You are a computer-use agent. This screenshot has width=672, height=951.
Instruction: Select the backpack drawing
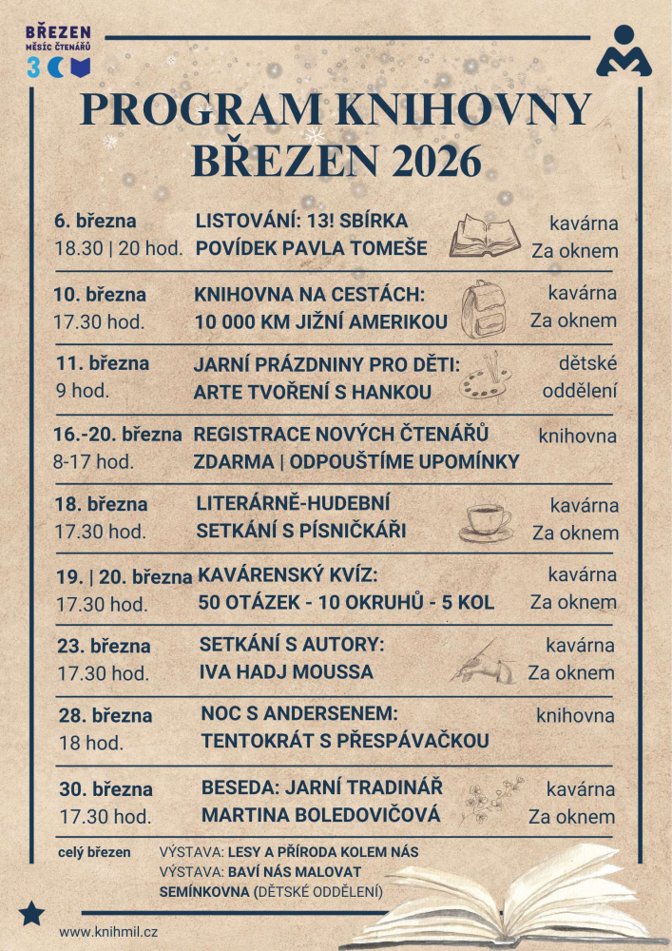pyautogui.click(x=481, y=308)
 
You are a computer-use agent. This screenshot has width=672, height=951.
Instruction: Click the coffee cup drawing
pyautogui.click(x=487, y=521)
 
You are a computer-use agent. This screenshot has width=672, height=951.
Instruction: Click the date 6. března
pyautogui.click(x=95, y=222)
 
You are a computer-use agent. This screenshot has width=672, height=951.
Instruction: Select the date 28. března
pyautogui.click(x=105, y=716)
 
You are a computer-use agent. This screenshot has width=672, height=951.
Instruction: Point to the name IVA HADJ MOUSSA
pyautogui.click(x=286, y=672)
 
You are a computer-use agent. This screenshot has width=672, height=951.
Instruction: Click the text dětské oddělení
pyautogui.click(x=580, y=377)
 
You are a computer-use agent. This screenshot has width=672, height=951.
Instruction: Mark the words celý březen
pyautogui.click(x=95, y=852)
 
